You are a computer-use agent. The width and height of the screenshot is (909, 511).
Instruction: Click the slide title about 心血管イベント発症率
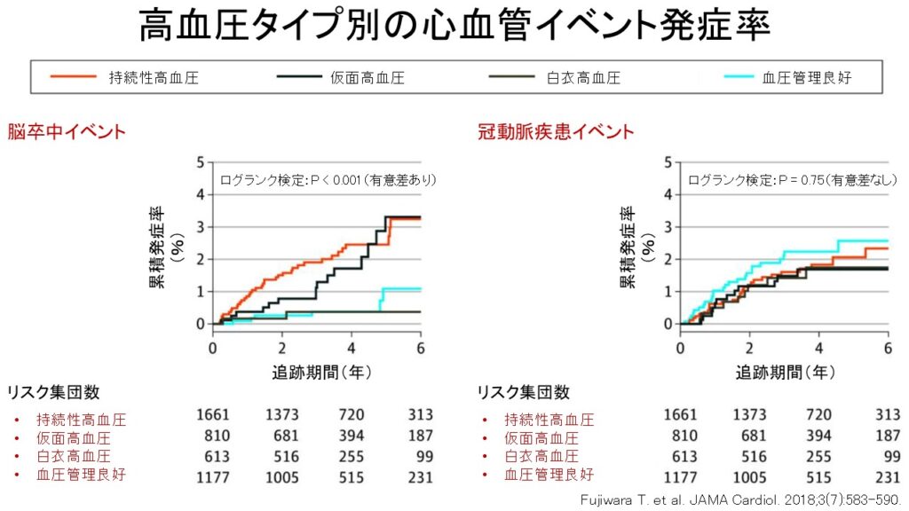click(x=454, y=28)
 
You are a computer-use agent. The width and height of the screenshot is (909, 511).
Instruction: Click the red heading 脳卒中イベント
click(x=67, y=132)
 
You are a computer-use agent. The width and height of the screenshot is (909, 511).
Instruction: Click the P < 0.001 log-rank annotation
click(x=328, y=180)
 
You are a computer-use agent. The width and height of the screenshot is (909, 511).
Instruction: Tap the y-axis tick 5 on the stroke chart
click(x=202, y=162)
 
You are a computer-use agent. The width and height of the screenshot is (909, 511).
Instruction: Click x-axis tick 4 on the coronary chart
click(x=818, y=346)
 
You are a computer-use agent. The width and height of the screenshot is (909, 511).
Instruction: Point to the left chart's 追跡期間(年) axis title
click(x=316, y=373)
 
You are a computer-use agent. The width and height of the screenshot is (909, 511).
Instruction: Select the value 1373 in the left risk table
click(x=282, y=414)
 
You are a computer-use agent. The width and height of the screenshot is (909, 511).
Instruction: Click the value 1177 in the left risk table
click(x=213, y=476)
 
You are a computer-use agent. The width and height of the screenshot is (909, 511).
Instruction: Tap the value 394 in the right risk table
click(x=818, y=436)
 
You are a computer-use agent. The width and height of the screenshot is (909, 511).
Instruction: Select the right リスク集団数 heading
click(x=524, y=392)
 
